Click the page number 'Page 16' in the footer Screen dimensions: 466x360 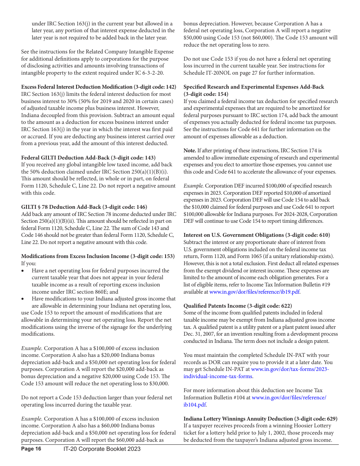[31, 449]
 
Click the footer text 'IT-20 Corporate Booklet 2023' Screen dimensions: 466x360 [102, 449]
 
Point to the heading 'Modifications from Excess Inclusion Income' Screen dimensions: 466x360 [75, 256]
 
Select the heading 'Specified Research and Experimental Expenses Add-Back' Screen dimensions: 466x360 [254, 87]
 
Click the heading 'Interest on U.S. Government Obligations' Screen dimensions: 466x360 [233, 235]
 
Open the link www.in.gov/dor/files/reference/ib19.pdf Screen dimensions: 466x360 [255, 292]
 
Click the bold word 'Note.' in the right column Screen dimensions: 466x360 [190, 151]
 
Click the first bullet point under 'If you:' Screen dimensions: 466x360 [23, 271]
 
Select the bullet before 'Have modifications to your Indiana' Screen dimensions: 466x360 [23, 299]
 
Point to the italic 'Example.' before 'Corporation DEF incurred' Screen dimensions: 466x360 [193, 186]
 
